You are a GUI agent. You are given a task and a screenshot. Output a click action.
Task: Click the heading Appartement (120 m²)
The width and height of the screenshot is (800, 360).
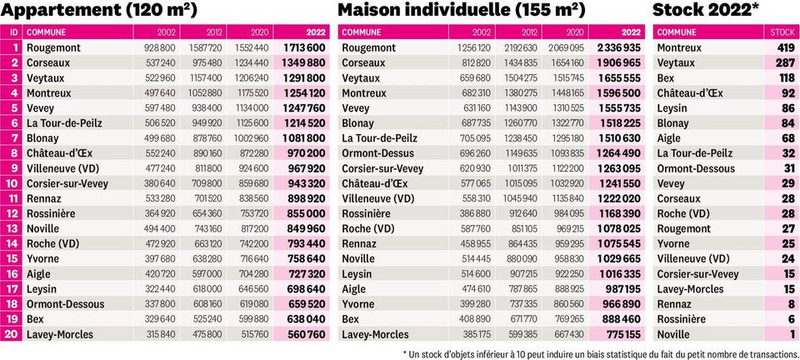point(98,10)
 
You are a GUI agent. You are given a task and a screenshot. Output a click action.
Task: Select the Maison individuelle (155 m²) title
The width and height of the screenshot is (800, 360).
point(461,10)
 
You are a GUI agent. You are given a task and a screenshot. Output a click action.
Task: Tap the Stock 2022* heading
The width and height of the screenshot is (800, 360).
point(707,10)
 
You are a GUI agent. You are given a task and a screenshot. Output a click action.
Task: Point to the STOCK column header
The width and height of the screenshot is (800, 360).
point(782,32)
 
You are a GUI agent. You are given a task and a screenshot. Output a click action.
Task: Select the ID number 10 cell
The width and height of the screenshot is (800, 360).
point(11,183)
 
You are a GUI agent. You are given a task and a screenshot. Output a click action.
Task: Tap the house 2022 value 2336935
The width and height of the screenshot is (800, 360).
point(618,48)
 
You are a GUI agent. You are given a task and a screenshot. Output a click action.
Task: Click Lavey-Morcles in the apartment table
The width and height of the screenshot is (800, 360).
point(60,334)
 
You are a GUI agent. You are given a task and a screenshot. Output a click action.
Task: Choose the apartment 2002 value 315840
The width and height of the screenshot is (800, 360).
point(160,334)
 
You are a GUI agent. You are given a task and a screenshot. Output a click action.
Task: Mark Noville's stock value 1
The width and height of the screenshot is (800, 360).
point(792,334)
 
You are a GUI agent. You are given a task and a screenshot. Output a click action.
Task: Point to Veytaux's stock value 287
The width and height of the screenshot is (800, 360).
point(785,63)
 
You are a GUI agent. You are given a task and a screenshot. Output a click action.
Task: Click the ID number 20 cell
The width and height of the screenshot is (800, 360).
point(11,334)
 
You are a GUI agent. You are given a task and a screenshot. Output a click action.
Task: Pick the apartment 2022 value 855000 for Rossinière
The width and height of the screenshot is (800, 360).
point(306,213)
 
